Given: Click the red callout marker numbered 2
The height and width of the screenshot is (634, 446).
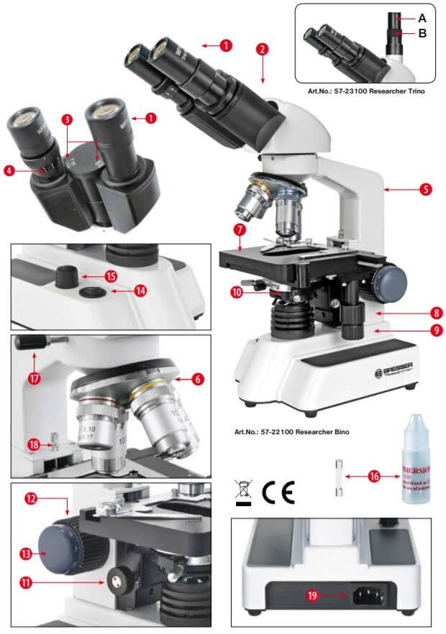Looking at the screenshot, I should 263,50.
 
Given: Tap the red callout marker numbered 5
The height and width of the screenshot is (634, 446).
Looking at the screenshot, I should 426,190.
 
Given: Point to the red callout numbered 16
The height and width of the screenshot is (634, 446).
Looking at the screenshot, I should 372,475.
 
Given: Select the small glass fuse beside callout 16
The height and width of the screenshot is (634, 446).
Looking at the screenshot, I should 340,475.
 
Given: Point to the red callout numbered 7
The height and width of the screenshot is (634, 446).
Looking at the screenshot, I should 239,229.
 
